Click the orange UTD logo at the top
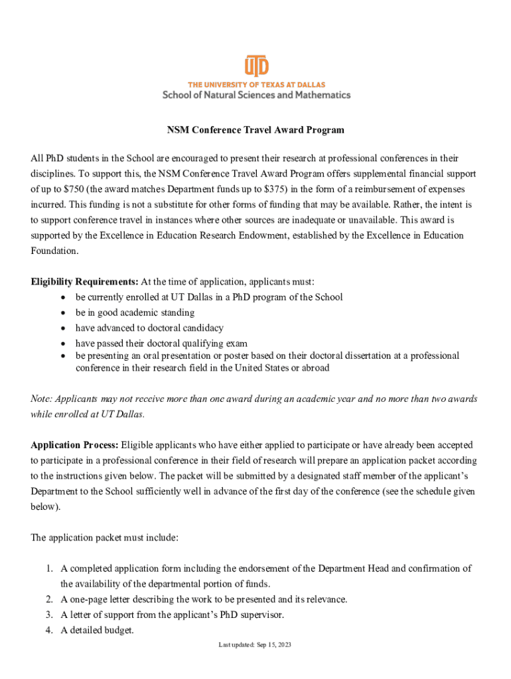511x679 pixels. [256, 66]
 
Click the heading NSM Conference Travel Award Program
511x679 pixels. [256, 130]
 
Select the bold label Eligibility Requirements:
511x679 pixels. [85, 282]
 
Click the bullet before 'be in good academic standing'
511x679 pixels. [63, 312]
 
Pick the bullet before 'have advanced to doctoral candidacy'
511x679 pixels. [63, 328]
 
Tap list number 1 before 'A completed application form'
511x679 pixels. [49, 568]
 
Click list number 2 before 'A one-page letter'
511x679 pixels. [49, 599]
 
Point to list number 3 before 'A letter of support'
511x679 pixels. [49, 615]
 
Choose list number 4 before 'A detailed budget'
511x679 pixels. [49, 631]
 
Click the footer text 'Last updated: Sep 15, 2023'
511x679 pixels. [256, 645]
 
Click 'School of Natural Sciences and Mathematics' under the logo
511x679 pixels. [256, 95]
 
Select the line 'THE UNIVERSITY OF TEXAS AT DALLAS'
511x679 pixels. [256, 84]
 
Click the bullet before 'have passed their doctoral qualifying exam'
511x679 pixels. [63, 343]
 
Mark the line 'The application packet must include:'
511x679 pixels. [104, 538]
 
